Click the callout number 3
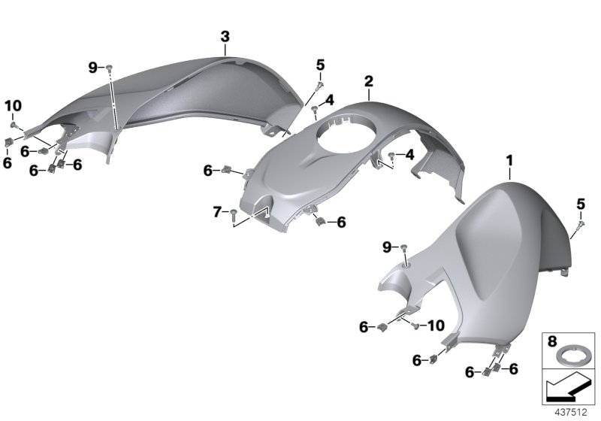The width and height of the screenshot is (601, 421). (x=225, y=37)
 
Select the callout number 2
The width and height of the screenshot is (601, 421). (x=368, y=81)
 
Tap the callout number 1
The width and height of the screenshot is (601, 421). (x=509, y=161)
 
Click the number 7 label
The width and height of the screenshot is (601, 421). (x=217, y=212)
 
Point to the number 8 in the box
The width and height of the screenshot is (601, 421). (x=552, y=341)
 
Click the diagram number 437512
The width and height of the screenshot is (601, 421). (x=571, y=413)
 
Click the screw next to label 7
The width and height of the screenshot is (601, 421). (x=234, y=214)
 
